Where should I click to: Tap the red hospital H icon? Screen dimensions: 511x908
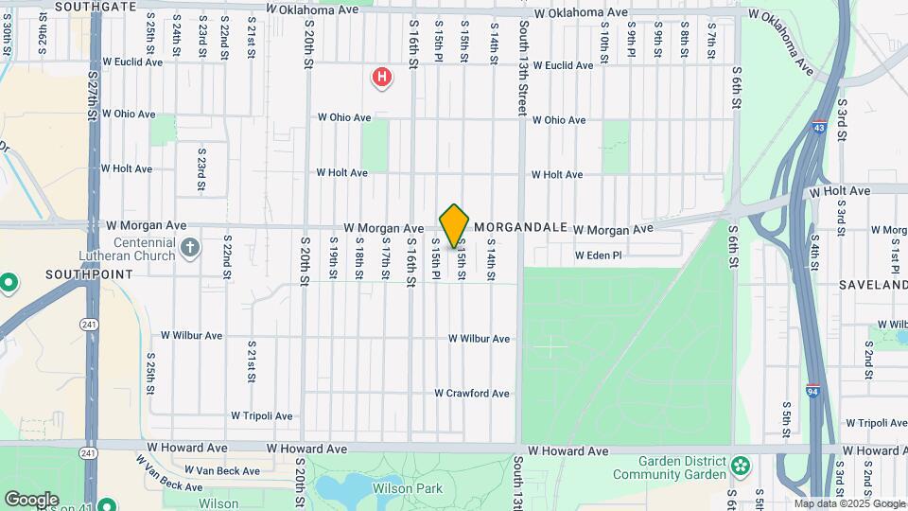(x=381, y=77)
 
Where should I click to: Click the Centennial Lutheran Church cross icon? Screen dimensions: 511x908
(x=190, y=248)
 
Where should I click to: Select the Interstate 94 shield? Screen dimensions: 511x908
(x=813, y=390)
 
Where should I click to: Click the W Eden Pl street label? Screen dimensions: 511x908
(x=598, y=255)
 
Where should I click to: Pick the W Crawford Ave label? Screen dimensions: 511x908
(x=472, y=394)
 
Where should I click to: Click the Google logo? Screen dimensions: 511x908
(x=30, y=500)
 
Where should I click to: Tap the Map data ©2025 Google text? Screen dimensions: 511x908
(x=835, y=503)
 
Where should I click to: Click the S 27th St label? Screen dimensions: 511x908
(x=92, y=93)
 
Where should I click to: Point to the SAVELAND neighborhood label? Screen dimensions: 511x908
(x=872, y=285)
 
